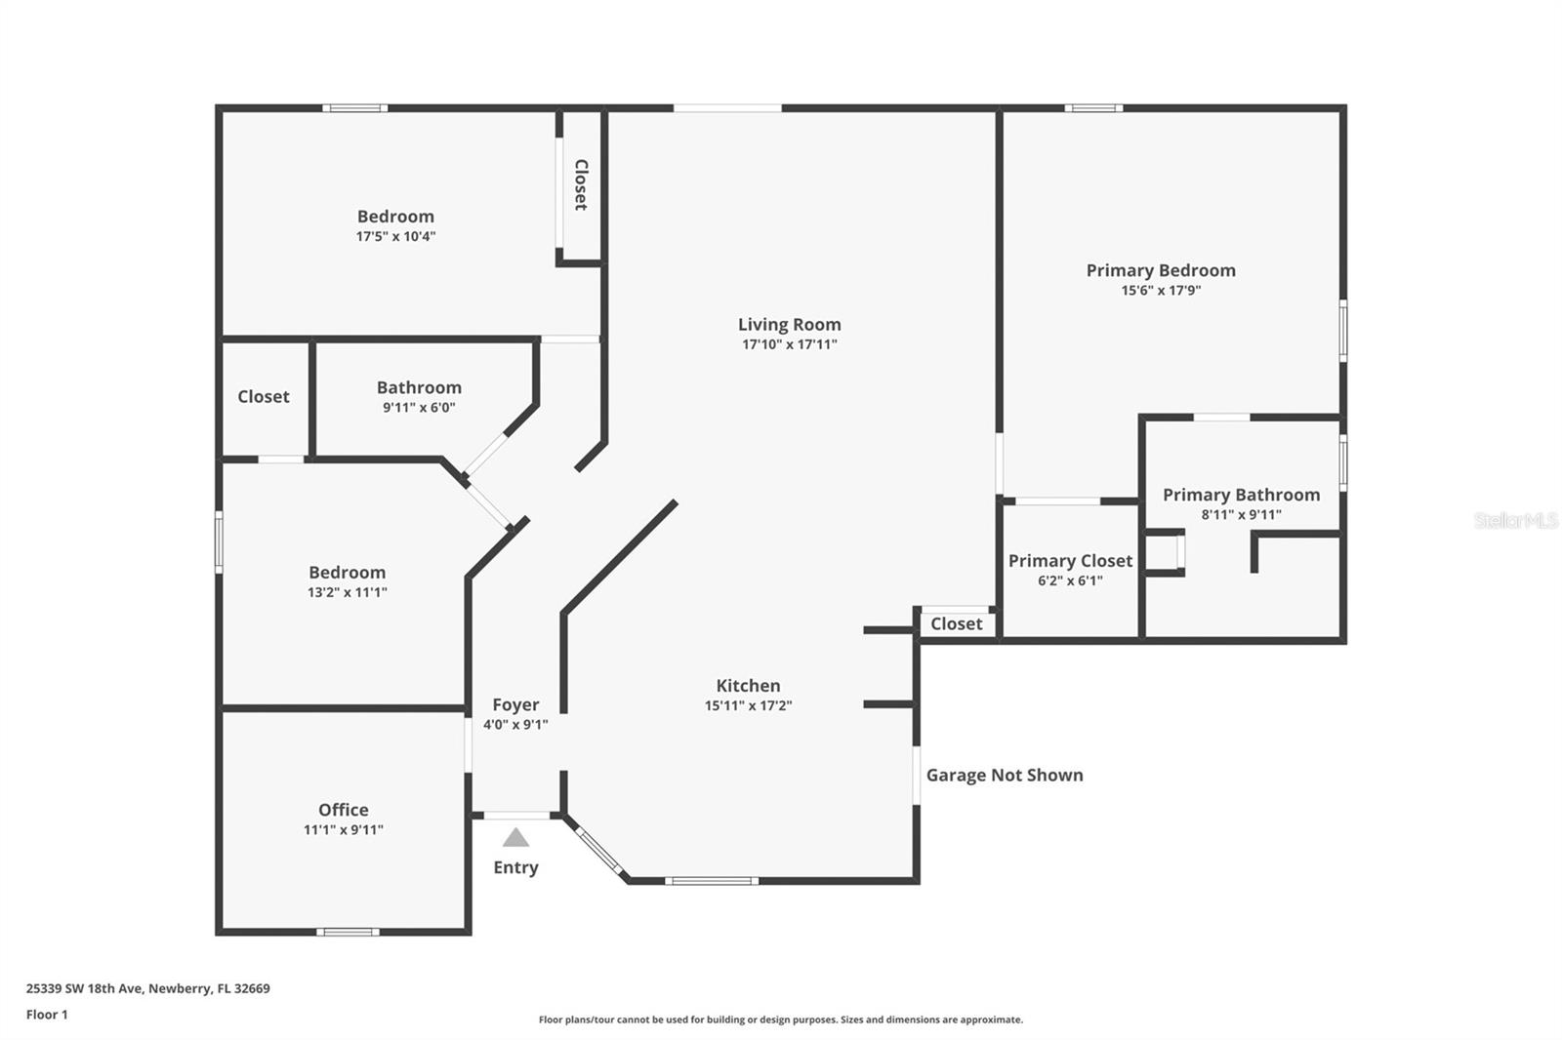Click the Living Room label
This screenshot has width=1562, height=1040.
click(789, 325)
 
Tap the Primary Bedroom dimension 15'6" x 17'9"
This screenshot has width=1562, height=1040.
click(1161, 291)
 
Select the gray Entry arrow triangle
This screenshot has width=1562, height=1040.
click(515, 838)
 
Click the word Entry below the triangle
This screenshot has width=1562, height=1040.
click(515, 867)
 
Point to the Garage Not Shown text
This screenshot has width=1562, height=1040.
click(1005, 775)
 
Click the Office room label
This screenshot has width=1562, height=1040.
click(344, 810)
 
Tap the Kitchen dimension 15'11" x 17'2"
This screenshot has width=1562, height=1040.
click(748, 706)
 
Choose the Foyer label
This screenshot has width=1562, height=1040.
click(515, 704)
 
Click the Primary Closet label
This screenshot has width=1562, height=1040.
click(1070, 561)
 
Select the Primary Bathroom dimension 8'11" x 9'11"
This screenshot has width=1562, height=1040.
click(1241, 515)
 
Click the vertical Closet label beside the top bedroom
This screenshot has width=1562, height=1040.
click(581, 184)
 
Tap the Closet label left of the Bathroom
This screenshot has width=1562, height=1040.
click(264, 396)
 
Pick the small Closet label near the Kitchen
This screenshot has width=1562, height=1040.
click(957, 623)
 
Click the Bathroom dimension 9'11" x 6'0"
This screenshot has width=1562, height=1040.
click(419, 408)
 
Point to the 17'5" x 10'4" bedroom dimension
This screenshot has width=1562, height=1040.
click(395, 236)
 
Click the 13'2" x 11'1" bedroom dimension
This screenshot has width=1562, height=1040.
click(347, 592)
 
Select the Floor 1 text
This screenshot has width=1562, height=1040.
click(47, 1015)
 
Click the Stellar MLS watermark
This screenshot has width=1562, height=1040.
click(1515, 521)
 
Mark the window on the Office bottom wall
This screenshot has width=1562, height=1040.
click(348, 932)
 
